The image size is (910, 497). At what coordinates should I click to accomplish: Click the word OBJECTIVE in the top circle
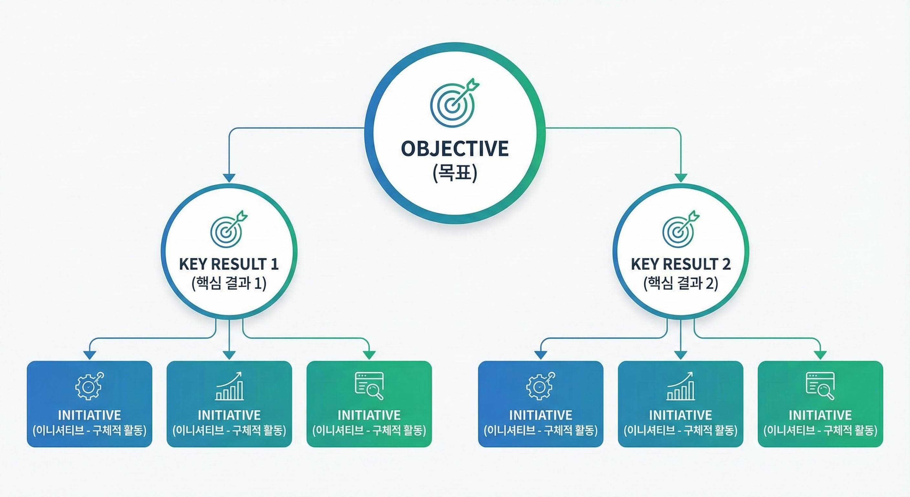coord(455,149)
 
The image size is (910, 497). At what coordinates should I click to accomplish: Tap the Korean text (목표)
coord(455,173)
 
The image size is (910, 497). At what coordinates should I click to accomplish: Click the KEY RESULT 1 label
coord(229,264)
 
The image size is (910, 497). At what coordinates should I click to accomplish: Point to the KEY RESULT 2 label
coord(681,264)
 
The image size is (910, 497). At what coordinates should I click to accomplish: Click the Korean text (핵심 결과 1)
coord(229,283)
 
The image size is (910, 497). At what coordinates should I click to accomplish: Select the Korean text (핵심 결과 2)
coord(681,283)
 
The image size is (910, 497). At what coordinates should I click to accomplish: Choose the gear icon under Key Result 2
coord(540,386)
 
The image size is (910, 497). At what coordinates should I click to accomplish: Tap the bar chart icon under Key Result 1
coord(230,386)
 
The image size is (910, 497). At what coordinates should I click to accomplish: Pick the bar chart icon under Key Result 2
coord(681,386)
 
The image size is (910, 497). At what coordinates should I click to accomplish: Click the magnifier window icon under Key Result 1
coord(369,386)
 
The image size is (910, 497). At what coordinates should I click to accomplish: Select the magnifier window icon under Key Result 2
coord(820,386)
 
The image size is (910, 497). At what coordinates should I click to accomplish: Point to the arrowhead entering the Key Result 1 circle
coord(229,178)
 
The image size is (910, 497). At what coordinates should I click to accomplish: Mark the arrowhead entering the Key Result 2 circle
coord(681,178)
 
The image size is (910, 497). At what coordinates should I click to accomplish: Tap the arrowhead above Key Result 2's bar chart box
coord(681,355)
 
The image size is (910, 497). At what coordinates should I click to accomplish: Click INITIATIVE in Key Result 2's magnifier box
coord(820,415)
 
